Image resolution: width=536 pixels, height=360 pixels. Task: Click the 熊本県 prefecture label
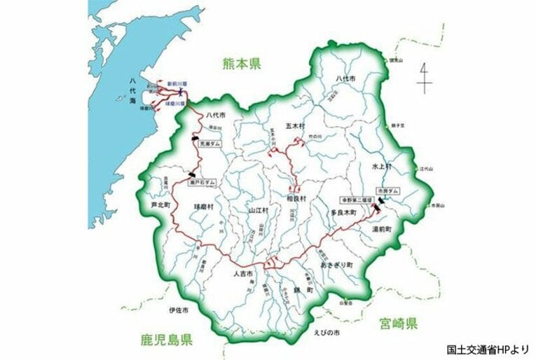tap(240, 64)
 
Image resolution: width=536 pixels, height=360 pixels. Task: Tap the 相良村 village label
tap(296, 198)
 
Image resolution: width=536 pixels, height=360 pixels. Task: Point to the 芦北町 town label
tap(160, 206)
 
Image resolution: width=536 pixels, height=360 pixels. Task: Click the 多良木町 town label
tap(345, 210)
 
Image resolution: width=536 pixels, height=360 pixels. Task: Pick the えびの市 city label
tap(327, 332)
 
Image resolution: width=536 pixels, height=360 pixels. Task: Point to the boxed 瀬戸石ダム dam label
tap(202, 181)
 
